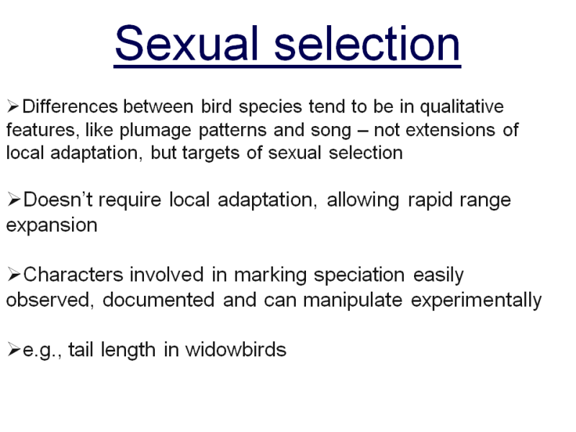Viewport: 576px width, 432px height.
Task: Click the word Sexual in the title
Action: tap(186, 43)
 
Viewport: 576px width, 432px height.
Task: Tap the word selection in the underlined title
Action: tap(367, 43)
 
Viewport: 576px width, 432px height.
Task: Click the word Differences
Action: tap(70, 107)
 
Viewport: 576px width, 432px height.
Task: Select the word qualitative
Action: tap(462, 107)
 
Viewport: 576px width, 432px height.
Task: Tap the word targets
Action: tap(210, 153)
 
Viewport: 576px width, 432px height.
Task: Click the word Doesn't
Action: tap(58, 200)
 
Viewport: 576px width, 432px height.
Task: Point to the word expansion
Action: tap(52, 225)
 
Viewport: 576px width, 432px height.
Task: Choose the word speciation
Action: tap(359, 276)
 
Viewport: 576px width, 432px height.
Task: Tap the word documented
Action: tap(158, 300)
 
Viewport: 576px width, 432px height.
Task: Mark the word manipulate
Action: tap(353, 300)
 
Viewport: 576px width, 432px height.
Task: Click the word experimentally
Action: tap(476, 301)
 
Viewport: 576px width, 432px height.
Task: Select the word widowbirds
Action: tap(235, 349)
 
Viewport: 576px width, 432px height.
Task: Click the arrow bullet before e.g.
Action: tap(14, 349)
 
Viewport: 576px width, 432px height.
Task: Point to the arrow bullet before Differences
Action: tap(13, 107)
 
